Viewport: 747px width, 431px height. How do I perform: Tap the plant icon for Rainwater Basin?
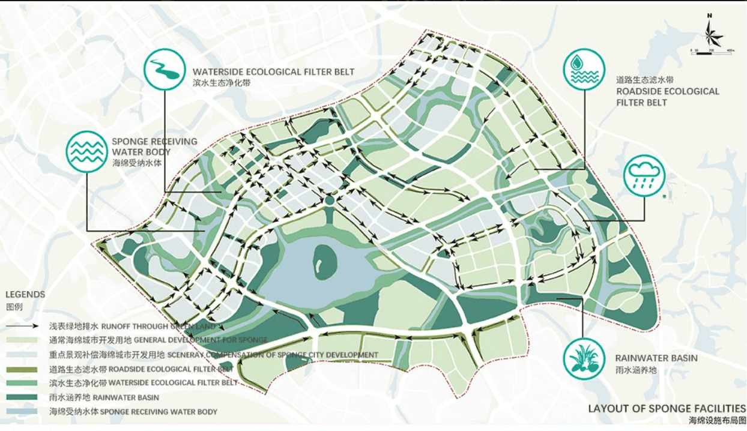pyautogui.click(x=584, y=358)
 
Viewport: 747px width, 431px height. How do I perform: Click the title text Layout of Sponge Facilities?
pyautogui.click(x=667, y=409)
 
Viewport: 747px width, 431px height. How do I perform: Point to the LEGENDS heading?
pyautogui.click(x=25, y=295)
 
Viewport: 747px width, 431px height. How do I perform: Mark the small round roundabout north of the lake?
pyautogui.click(x=330, y=200)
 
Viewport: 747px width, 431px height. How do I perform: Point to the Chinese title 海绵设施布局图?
pyautogui.click(x=717, y=421)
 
